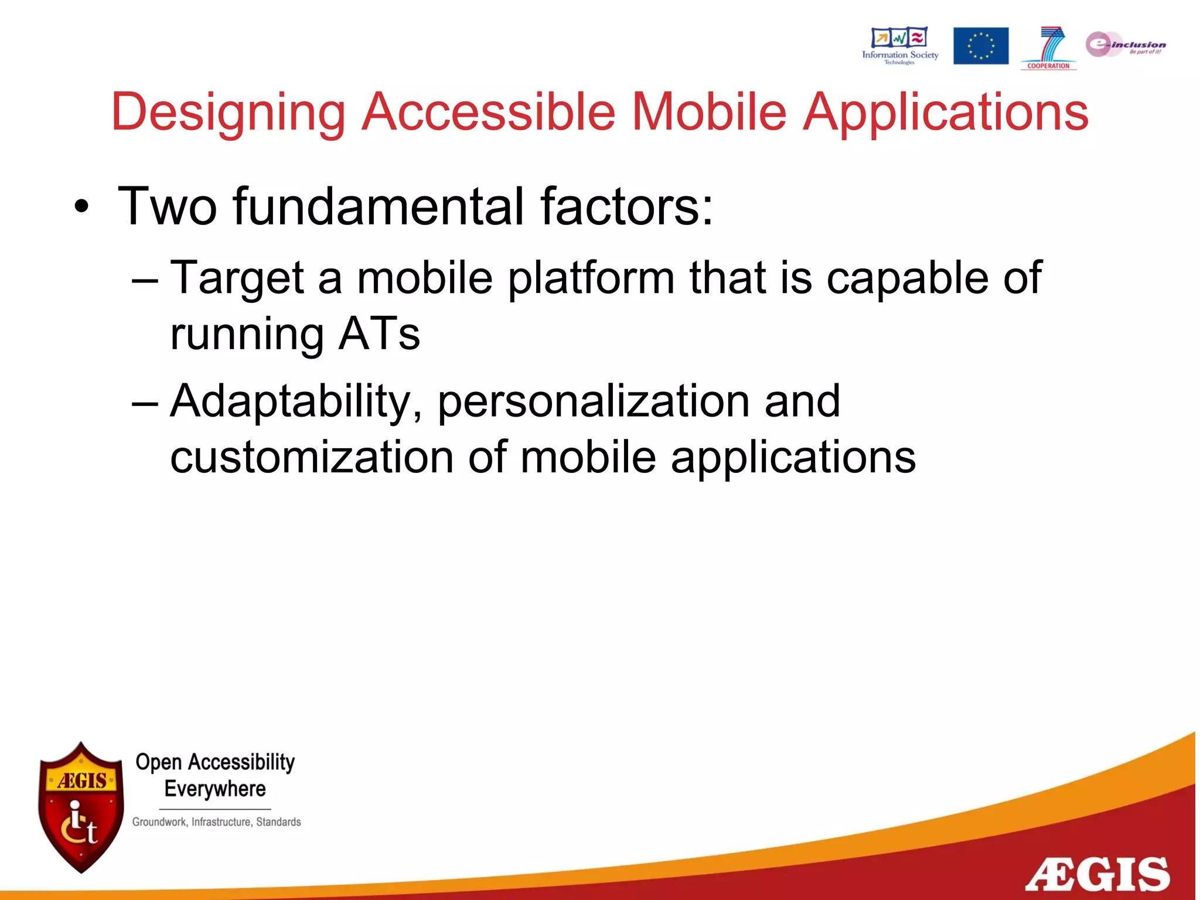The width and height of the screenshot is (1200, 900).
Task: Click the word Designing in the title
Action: [x=229, y=112]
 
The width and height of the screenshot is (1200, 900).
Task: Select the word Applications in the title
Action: [x=945, y=112]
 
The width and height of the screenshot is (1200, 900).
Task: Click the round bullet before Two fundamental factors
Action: [x=81, y=207]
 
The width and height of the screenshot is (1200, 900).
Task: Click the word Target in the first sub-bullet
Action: [x=237, y=278]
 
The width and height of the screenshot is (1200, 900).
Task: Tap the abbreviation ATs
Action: [x=379, y=334]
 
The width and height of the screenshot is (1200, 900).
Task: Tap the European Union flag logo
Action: [x=980, y=46]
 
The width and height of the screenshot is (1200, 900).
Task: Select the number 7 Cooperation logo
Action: [x=1049, y=47]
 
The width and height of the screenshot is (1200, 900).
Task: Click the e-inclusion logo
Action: [x=1124, y=45]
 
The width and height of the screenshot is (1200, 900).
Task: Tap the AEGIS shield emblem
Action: [x=81, y=807]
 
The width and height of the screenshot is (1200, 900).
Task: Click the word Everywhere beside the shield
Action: [x=215, y=789]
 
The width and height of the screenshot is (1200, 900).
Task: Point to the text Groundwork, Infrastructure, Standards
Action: [x=216, y=822]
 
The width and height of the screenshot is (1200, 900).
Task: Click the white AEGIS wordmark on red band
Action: [x=1097, y=874]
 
